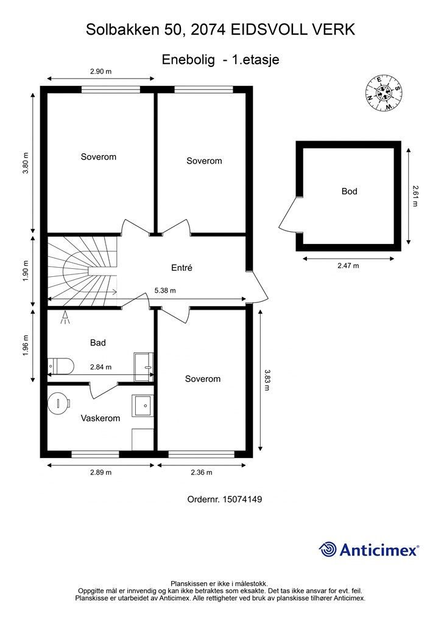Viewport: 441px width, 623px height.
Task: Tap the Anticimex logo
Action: [x=369, y=549]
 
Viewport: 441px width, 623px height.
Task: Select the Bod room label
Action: [x=350, y=192]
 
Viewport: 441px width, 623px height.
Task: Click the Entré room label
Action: [x=182, y=268]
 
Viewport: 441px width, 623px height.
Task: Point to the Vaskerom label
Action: [x=101, y=418]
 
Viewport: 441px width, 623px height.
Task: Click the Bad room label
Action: [x=98, y=343]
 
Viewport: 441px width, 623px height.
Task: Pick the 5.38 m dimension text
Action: [x=165, y=290]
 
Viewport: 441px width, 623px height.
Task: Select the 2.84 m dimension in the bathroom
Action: [x=101, y=367]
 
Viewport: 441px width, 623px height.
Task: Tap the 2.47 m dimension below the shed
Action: [x=348, y=265]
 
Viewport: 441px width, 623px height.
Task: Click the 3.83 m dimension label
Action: [x=267, y=380]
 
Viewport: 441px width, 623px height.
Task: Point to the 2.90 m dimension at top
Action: [x=101, y=72]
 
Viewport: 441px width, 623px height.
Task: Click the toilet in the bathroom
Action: [x=61, y=366]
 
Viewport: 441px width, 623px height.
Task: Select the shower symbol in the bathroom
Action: [x=65, y=317]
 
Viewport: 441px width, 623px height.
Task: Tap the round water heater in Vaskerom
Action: [x=59, y=403]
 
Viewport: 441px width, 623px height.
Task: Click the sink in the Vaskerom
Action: [x=143, y=406]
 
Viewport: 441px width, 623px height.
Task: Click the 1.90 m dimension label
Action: [x=26, y=271]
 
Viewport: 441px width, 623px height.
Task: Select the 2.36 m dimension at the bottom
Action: [x=202, y=472]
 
